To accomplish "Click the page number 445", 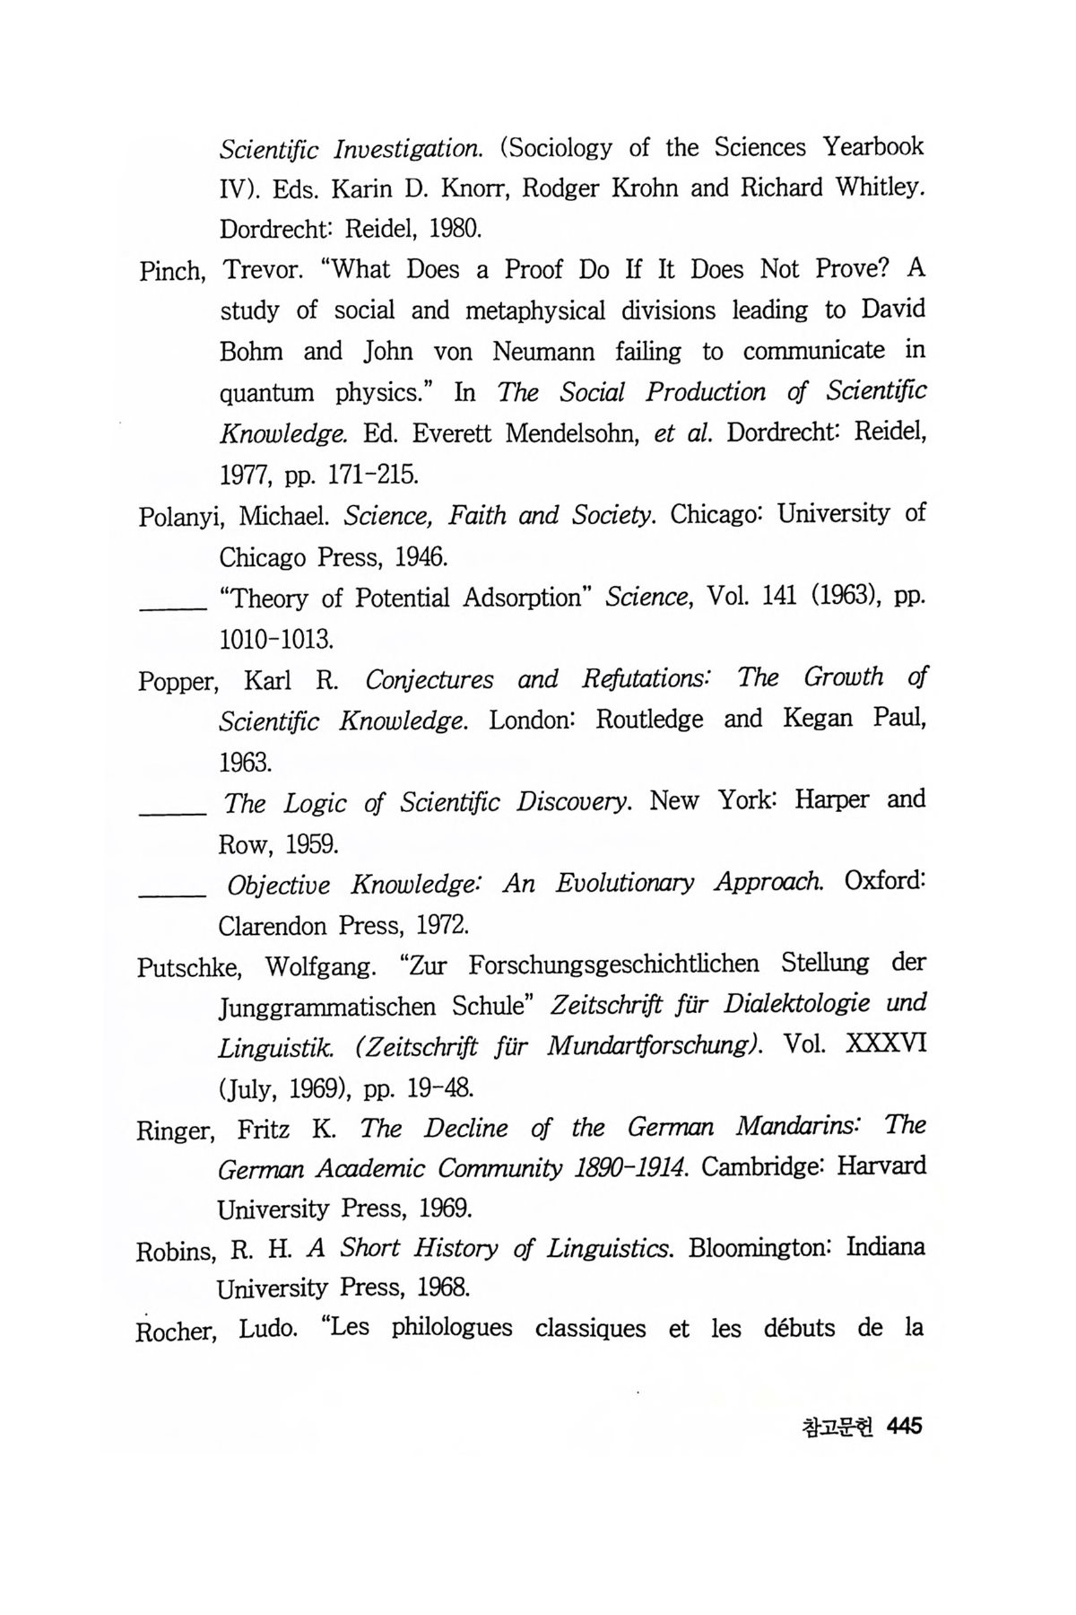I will coord(903,1426).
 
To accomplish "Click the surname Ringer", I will coord(175,1130).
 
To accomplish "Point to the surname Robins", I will coord(174,1251).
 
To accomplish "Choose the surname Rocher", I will coord(176,1331).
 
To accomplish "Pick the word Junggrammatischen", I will coord(329,1007).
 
